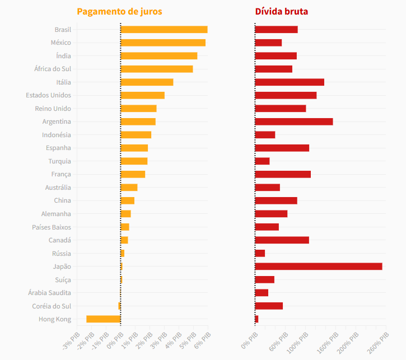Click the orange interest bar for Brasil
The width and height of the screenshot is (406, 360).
click(164, 30)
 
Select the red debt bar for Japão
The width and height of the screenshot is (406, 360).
click(319, 267)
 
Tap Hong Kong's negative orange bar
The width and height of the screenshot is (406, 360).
click(103, 319)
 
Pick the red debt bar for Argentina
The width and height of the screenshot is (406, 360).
click(294, 121)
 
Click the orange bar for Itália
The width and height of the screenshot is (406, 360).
click(147, 82)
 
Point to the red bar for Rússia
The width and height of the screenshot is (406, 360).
click(260, 253)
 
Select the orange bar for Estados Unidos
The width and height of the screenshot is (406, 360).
click(142, 95)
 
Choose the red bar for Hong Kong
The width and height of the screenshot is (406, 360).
click(256, 319)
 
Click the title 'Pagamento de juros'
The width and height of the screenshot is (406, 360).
click(119, 12)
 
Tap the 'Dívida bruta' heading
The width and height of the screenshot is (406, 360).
click(282, 11)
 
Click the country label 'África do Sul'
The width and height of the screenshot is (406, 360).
click(53, 69)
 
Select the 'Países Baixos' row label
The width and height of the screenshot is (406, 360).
click(52, 227)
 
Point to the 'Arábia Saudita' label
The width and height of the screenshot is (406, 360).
click(49, 293)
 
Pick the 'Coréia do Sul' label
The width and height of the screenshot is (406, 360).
click(52, 306)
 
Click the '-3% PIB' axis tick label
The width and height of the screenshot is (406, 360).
click(71, 341)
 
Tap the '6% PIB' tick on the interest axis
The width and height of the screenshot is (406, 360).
click(202, 340)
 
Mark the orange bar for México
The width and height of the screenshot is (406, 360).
click(163, 43)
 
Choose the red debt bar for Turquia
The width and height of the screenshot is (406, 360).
click(262, 161)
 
